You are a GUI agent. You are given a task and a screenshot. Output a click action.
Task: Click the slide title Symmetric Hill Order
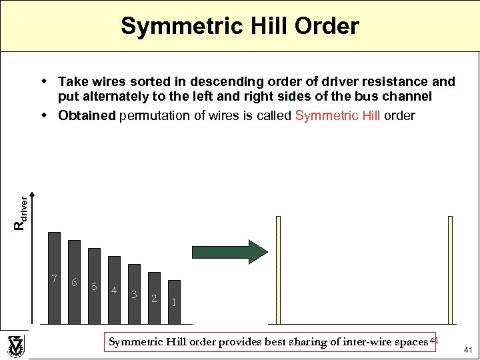point(240,27)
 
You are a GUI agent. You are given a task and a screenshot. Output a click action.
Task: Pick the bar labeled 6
point(75,281)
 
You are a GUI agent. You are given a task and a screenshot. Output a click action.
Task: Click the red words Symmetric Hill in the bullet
point(337,115)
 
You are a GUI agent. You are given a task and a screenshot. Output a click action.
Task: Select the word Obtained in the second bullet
point(87,115)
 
